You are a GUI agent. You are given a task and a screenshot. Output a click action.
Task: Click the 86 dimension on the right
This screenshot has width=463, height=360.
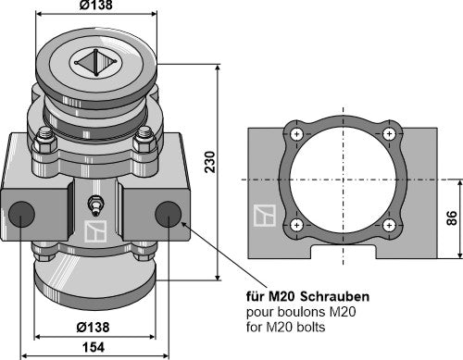(450, 219)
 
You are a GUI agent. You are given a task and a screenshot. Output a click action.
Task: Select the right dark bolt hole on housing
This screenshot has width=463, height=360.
(169, 215)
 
